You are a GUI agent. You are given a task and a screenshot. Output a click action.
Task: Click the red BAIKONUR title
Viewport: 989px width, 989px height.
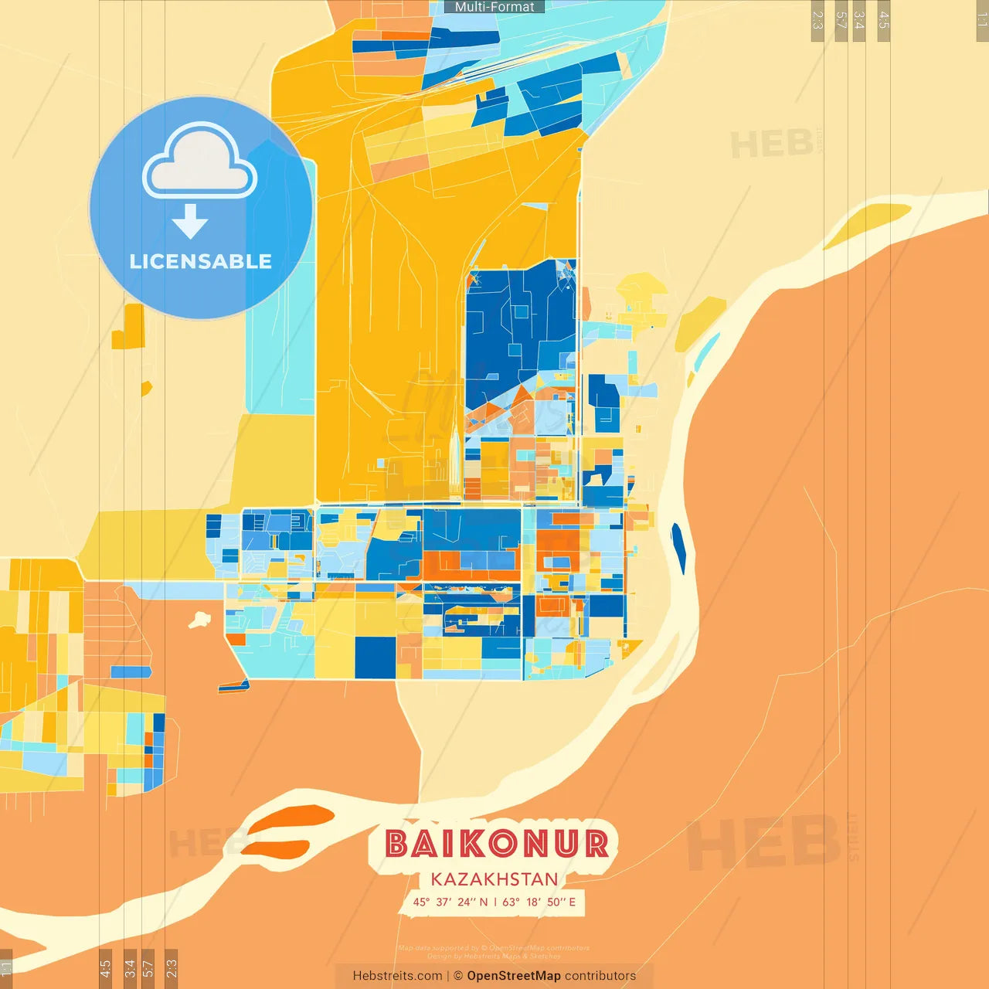[496, 844]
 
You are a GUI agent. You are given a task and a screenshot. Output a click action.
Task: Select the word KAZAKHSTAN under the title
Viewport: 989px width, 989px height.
[494, 879]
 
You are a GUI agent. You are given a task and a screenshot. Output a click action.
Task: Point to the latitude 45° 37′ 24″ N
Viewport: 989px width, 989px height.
[450, 902]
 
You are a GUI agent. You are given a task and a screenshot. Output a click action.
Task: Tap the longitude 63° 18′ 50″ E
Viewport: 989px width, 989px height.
[539, 902]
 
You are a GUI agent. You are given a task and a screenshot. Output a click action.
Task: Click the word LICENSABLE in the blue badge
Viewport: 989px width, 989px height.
[201, 261]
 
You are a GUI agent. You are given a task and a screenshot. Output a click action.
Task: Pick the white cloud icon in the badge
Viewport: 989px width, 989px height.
[199, 162]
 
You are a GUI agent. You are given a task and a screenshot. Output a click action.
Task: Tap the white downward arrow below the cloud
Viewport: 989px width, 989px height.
[190, 222]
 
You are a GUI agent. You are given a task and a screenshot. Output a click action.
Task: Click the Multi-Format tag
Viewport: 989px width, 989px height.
[494, 7]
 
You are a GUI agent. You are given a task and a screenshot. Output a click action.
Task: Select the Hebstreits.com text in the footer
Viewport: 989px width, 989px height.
[397, 976]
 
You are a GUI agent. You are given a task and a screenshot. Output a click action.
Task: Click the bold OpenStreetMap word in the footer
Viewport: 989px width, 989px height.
[514, 976]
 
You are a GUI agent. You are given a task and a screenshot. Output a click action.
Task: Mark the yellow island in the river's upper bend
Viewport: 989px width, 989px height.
[865, 223]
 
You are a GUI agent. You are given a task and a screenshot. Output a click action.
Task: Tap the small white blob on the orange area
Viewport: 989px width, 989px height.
[200, 619]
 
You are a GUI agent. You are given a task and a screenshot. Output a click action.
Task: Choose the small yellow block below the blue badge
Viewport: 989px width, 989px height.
[129, 328]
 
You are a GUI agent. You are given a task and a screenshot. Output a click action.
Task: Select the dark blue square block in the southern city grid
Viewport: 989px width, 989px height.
[375, 656]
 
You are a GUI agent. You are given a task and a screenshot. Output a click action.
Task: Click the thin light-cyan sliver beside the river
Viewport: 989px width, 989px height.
[706, 352]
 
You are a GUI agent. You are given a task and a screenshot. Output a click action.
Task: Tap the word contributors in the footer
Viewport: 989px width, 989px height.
[600, 976]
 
